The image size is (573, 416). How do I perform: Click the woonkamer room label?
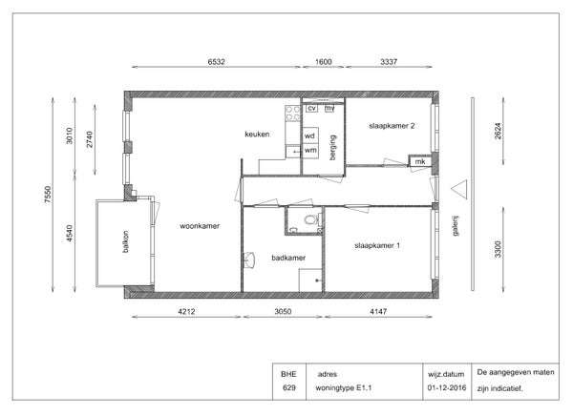click(x=200, y=226)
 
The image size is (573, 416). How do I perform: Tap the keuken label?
click(x=257, y=134)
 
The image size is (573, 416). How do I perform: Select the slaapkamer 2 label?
click(x=392, y=126)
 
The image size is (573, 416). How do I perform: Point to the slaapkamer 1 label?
click(x=377, y=245)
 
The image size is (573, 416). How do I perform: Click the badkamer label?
click(x=288, y=258)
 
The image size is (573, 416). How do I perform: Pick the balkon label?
click(x=125, y=241)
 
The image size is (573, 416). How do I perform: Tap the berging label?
click(x=332, y=148)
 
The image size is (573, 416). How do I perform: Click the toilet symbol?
click(x=310, y=219)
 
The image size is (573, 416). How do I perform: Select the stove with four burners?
click(x=293, y=113)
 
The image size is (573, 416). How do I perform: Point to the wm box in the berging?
click(x=310, y=151)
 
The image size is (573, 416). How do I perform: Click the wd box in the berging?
click(x=310, y=135)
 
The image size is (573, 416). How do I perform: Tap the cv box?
click(x=311, y=108)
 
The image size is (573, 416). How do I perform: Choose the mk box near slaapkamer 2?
click(x=420, y=161)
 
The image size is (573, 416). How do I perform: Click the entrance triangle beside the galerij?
click(x=459, y=189)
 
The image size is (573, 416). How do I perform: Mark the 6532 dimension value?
click(x=217, y=62)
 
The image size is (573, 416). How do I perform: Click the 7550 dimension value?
click(x=48, y=195)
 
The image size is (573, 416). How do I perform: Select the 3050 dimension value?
click(x=283, y=312)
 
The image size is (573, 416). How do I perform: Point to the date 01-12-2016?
click(x=447, y=387)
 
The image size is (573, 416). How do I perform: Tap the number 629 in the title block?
click(x=288, y=387)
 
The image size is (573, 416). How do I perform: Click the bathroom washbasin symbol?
click(x=249, y=260)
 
